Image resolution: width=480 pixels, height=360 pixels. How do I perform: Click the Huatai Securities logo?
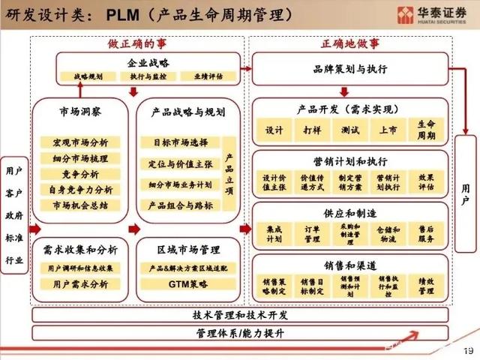point(428,14)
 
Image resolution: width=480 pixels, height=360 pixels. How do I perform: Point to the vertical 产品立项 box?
point(229,174)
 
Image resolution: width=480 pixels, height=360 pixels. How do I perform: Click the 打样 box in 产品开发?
point(312,129)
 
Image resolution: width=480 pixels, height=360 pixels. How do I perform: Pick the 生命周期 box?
point(426,129)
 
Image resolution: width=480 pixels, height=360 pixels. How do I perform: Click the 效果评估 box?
point(426,183)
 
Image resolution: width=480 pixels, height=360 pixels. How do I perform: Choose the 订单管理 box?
point(312,234)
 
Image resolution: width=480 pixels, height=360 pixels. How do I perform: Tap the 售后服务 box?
point(426,234)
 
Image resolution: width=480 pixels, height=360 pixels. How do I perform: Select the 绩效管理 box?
point(426,285)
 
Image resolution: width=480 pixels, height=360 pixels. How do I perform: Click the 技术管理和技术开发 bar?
point(240,315)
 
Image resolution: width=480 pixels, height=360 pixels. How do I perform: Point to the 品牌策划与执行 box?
point(350,69)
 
